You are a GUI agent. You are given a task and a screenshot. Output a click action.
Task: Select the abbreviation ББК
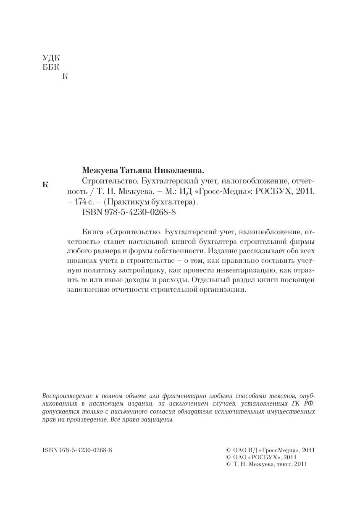(51, 67)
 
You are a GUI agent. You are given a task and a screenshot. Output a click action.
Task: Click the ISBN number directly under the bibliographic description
(127, 212)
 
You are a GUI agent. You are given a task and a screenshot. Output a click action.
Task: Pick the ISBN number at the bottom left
(78, 450)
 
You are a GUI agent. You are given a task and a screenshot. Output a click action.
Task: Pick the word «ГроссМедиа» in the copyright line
(276, 450)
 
